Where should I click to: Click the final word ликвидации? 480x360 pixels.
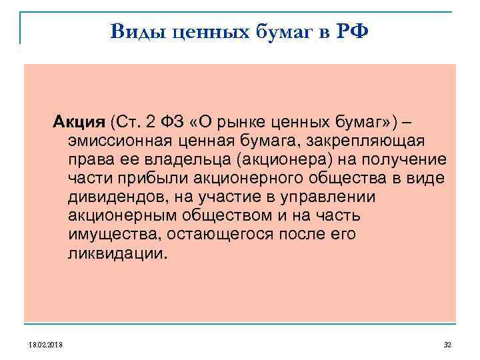click(x=114, y=253)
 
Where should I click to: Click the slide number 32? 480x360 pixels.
click(x=447, y=345)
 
